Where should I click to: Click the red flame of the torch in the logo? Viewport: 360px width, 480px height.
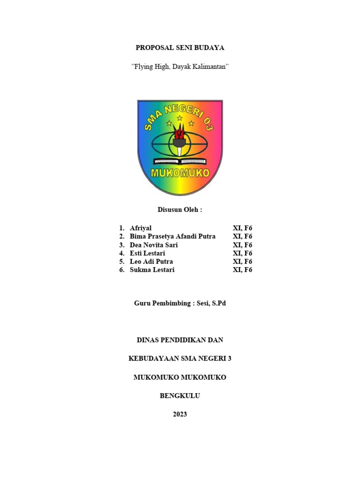(x=180, y=131)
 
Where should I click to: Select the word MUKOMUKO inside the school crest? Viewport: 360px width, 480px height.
(x=180, y=173)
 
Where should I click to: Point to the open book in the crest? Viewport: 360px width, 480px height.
(x=180, y=161)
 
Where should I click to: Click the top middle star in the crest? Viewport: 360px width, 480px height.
(x=180, y=118)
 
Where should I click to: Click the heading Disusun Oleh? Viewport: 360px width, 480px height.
(x=180, y=210)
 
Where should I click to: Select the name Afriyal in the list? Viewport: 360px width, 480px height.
(x=141, y=228)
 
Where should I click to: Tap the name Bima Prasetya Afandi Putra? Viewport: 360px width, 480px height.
(x=172, y=236)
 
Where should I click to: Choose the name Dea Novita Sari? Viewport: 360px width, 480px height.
(x=154, y=245)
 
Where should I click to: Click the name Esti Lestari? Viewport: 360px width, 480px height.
(x=147, y=253)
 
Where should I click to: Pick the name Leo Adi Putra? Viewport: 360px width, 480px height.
(x=151, y=262)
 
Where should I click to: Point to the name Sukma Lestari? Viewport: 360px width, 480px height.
(x=152, y=270)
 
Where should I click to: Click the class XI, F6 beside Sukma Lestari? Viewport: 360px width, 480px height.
(x=242, y=270)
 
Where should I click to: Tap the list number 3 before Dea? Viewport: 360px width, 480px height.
(x=121, y=245)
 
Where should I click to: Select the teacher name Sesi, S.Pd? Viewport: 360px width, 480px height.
(x=211, y=303)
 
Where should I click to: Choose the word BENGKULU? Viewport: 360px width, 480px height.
(x=180, y=396)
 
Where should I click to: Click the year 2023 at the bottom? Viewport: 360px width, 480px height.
(x=180, y=414)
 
